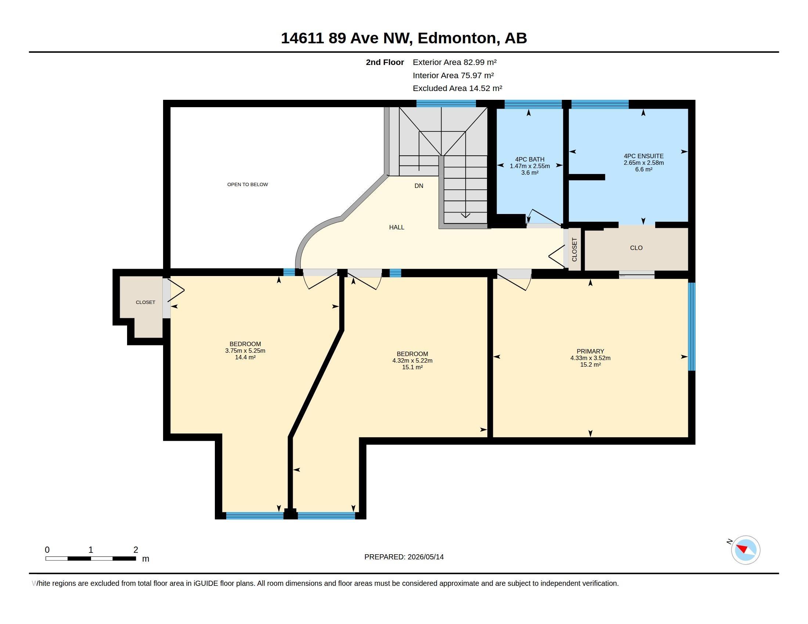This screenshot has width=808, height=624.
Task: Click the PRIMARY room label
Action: [x=590, y=351]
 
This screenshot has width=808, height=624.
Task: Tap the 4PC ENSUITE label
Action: [x=643, y=156]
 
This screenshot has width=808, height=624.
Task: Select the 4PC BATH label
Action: [x=529, y=159]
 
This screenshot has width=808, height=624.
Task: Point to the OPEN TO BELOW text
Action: [x=248, y=185]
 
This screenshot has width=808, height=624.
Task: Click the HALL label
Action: [x=397, y=227]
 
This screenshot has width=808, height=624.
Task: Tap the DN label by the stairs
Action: [x=419, y=186]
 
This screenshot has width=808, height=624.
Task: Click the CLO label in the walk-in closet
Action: [x=636, y=248]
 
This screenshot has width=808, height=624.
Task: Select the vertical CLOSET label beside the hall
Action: [x=574, y=250]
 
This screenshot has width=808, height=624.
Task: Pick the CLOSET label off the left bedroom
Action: [x=145, y=302]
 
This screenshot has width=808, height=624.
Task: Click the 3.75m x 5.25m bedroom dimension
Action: [x=245, y=351]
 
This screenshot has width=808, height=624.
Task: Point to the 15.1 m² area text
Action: [x=412, y=367]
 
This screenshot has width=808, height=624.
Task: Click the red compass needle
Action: [x=742, y=548]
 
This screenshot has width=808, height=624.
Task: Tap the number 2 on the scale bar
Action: [x=136, y=550]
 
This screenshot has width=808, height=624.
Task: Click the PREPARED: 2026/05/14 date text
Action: [x=404, y=557]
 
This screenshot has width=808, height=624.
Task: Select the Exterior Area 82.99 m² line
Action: [x=454, y=62]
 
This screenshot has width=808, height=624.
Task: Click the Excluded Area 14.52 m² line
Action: [x=457, y=88]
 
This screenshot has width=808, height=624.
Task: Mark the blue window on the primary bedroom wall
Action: [x=692, y=326]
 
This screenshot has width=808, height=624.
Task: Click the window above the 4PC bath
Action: [x=533, y=105]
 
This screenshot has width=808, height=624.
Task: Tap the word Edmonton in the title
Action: [x=457, y=38]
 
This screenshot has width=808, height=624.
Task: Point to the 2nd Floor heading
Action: [x=385, y=62]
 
